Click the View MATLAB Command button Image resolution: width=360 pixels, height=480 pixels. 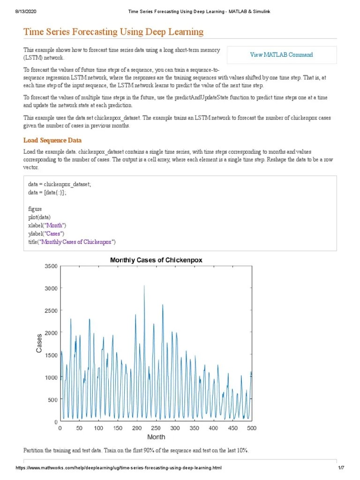click(281, 55)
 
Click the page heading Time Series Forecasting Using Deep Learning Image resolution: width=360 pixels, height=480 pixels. click(113, 32)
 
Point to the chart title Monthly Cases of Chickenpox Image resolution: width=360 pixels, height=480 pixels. click(156, 260)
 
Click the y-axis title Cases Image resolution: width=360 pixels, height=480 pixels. click(39, 344)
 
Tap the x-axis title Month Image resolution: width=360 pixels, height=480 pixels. click(156, 437)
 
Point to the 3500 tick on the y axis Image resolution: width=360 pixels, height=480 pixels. click(51, 266)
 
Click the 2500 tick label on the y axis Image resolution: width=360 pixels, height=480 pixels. click(51, 311)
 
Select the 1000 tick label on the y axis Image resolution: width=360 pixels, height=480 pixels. click(51, 377)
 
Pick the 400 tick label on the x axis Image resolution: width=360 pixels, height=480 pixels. click(213, 428)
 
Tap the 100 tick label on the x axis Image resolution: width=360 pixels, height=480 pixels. click(98, 428)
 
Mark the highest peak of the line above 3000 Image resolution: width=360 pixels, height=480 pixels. click(144, 285)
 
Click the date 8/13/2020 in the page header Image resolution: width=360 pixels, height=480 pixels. click(20, 12)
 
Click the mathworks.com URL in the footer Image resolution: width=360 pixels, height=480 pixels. click(119, 468)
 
